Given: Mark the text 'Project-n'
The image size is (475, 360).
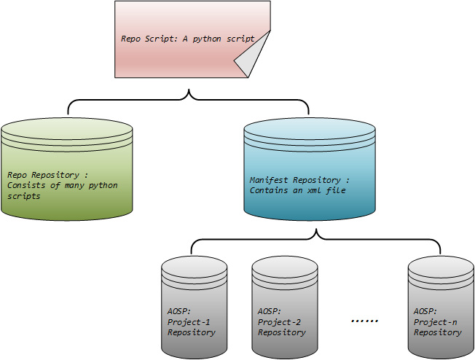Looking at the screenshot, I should (x=435, y=321).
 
